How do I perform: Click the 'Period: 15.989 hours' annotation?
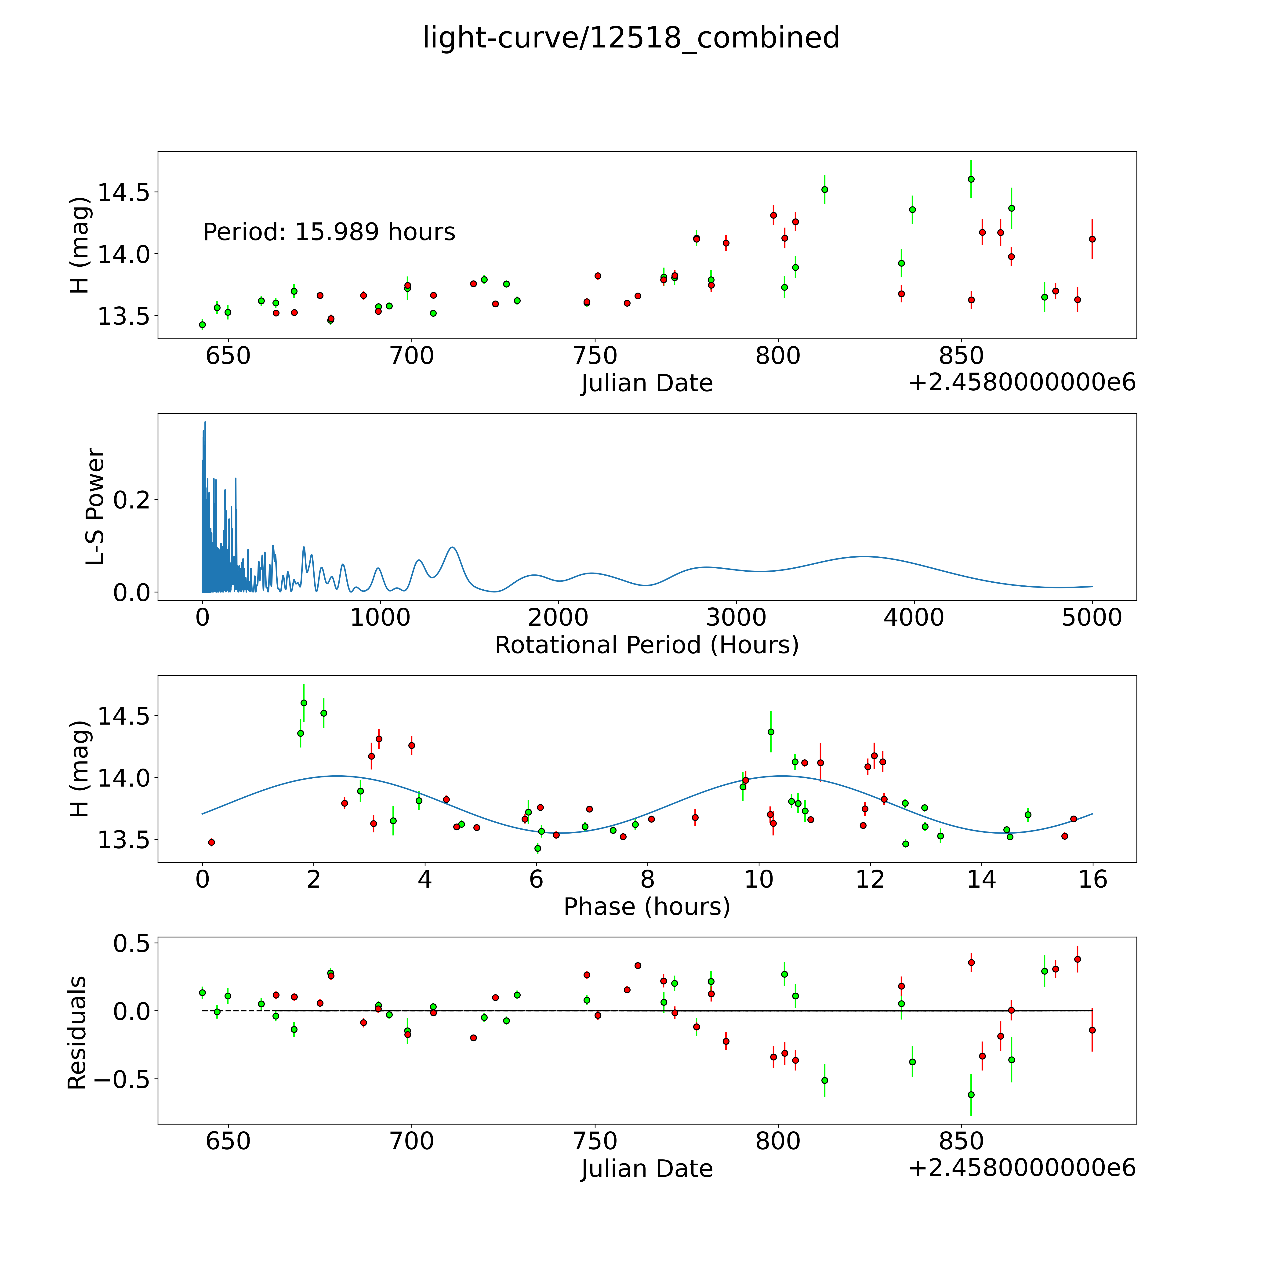tap(329, 232)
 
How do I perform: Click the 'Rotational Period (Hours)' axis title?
tap(646, 645)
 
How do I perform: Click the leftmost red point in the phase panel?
tap(211, 842)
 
